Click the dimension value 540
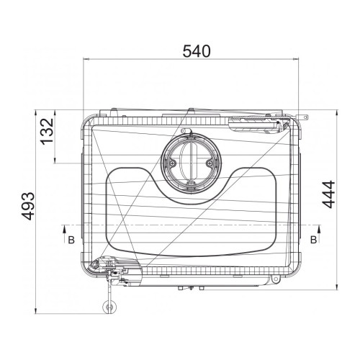[197, 51]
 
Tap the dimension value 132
[48, 131]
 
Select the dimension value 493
[28, 206]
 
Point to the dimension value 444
[328, 194]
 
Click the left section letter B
[71, 240]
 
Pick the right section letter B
[313, 240]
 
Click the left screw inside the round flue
[173, 163]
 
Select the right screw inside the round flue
[210, 163]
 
